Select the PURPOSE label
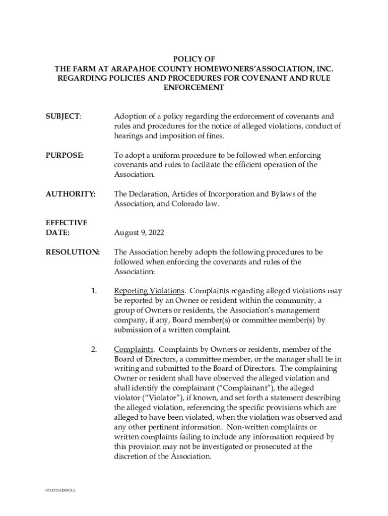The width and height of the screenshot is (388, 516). [x=64, y=155]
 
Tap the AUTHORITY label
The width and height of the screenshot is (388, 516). [x=70, y=194]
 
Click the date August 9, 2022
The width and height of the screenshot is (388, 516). [x=139, y=233]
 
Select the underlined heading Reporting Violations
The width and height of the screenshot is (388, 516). [x=149, y=291]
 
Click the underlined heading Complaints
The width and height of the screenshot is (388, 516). [x=134, y=349]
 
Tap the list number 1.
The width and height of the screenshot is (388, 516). [x=94, y=291]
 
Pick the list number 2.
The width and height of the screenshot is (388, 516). [x=94, y=349]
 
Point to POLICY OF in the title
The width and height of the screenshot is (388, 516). [x=194, y=59]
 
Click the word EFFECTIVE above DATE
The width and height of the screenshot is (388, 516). [x=66, y=223]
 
